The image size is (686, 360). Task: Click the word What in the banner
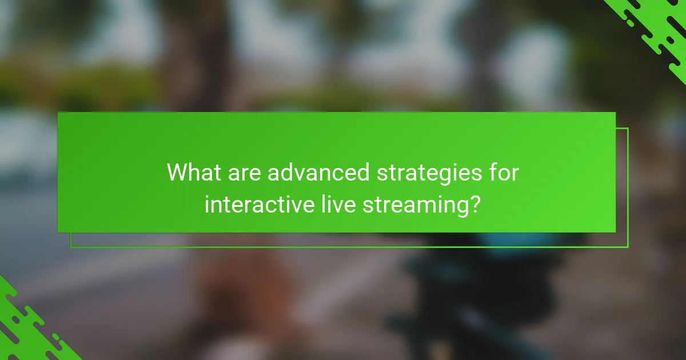[x=190, y=173]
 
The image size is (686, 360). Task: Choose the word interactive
[x=255, y=204]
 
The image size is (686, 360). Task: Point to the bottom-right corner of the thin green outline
[x=628, y=247]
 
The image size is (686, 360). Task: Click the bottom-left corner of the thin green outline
[x=71, y=247]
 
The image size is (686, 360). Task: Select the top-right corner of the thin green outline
[x=628, y=129]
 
